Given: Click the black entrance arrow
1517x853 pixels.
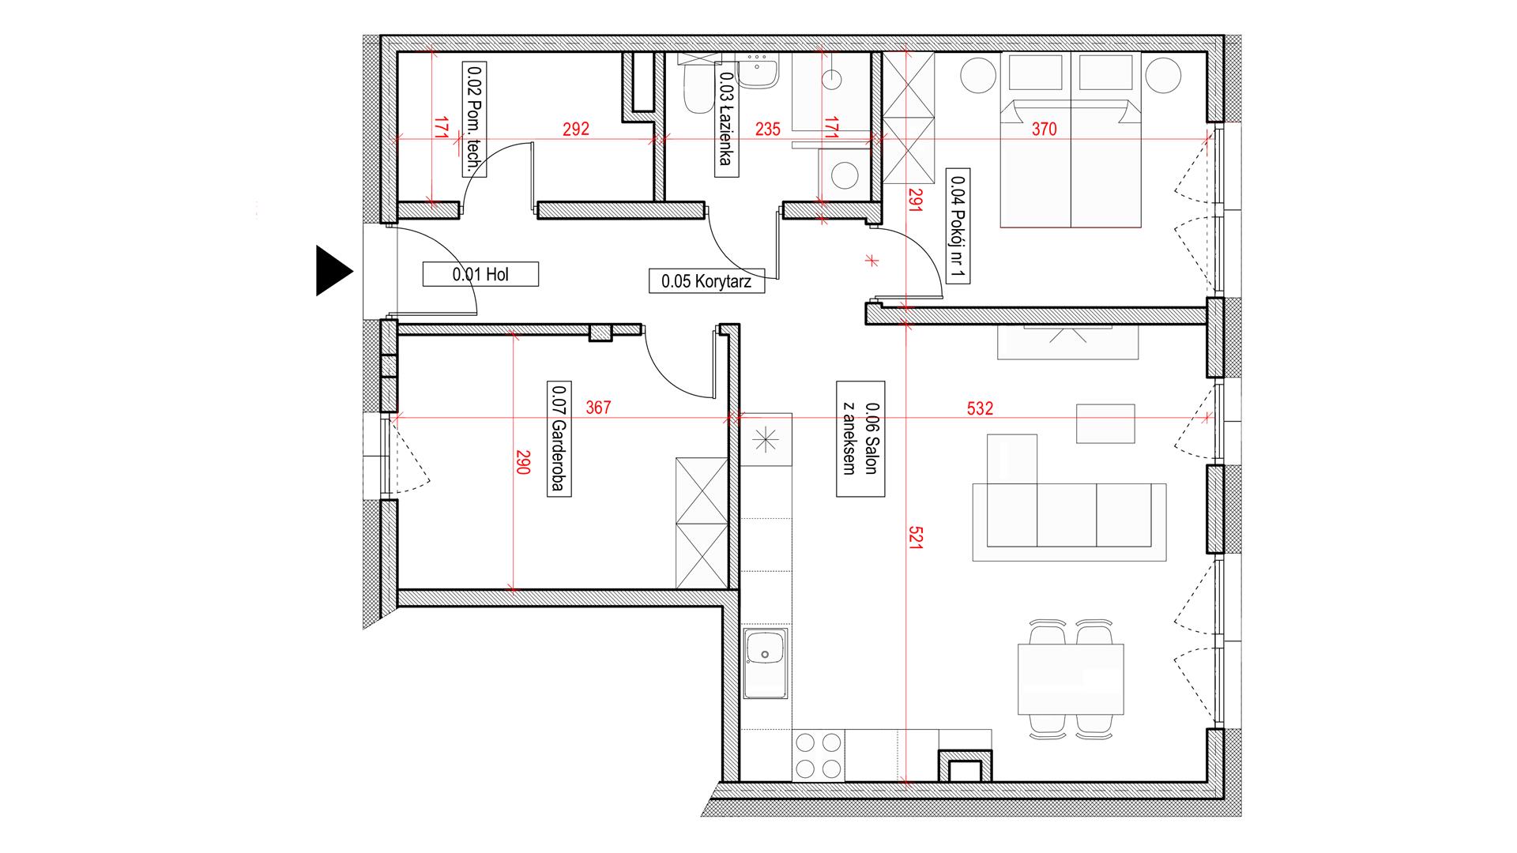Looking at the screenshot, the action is pos(332,271).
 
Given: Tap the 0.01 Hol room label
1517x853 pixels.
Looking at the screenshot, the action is pos(480,274).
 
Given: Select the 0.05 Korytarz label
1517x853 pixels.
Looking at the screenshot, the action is pos(707,280).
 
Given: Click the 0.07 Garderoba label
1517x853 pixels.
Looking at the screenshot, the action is pos(558,438).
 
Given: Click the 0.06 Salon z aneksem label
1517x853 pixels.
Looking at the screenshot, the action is pos(860,438).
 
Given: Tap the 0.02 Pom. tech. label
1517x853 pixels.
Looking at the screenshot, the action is pos(473,118).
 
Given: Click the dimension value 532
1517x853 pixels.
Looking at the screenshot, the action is pos(980,408).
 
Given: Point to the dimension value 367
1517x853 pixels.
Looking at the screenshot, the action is pos(598,408).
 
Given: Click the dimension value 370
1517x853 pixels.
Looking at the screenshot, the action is pos(1044,130).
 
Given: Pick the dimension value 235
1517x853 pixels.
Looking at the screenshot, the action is pos(766,130).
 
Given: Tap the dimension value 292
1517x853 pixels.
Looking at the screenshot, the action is pos(575,130).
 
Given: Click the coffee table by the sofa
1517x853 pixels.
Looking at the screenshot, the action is pos(1105,423).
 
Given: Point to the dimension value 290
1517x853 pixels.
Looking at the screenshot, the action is pos(521,461).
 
